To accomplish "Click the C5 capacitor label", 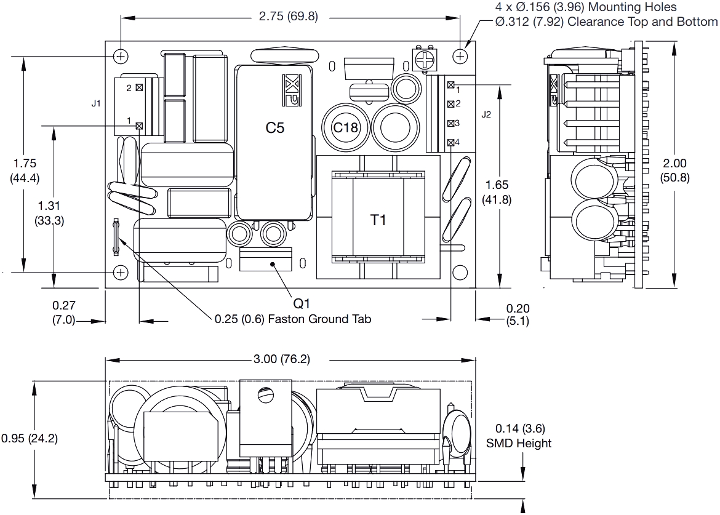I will click(275, 128).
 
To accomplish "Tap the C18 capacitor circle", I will click(345, 127).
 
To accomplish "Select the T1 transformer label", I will click(378, 220).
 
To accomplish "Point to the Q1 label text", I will click(302, 303).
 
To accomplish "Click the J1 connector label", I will click(96, 103).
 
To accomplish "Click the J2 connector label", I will click(486, 114).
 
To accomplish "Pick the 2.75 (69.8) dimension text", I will click(289, 17).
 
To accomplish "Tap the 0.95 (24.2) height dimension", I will click(29, 439).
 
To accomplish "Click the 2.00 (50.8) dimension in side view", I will click(674, 170).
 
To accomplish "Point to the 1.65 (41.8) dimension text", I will click(498, 192).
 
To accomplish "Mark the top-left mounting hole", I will click(122, 56).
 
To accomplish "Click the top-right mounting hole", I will click(460, 56).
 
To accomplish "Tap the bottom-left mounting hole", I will click(122, 271).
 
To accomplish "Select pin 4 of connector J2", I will click(451, 143).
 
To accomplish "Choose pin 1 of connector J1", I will click(139, 126).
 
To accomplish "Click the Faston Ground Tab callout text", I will click(292, 319).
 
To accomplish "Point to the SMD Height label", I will click(519, 443).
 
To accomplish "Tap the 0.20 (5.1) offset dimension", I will click(517, 314).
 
